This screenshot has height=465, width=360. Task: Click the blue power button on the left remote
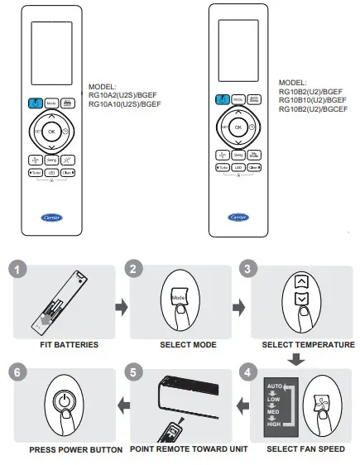coord(35,103)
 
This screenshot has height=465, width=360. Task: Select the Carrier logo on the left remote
coord(50,218)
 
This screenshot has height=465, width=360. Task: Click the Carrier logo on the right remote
coord(238,217)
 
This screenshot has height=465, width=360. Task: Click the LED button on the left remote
coord(50,172)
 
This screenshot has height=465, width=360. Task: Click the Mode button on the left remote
coord(50,103)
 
